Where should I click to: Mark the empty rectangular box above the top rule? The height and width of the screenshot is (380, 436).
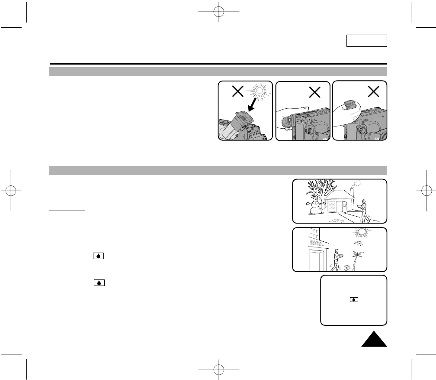point(366,41)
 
